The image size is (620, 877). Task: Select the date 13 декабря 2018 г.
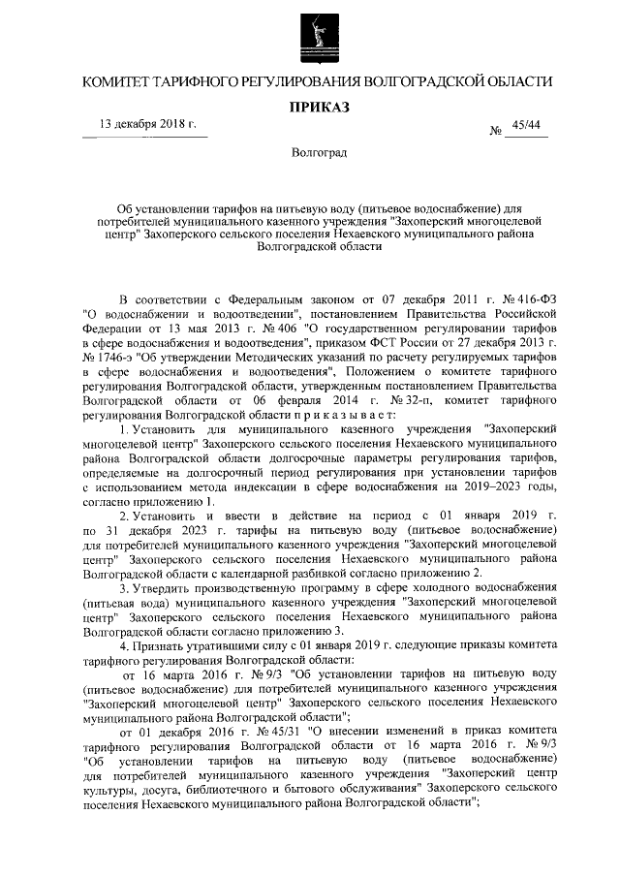[144, 125]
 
